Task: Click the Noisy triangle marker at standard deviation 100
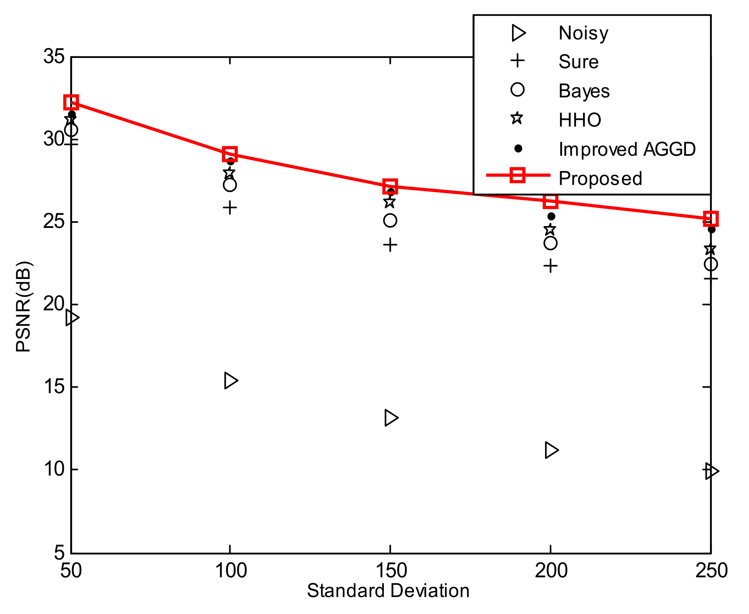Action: click(231, 381)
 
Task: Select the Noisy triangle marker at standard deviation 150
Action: click(391, 418)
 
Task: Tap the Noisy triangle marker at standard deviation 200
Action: click(551, 450)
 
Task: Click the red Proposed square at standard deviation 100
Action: click(230, 154)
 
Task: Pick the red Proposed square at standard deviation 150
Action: click(390, 186)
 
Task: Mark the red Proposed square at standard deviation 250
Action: click(711, 218)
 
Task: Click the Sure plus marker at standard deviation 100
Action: click(230, 207)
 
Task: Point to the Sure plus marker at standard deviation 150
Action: click(390, 245)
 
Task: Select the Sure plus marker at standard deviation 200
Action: click(551, 266)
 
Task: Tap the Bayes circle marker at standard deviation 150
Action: click(390, 220)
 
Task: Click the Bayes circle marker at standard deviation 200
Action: click(551, 243)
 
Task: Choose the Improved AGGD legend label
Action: click(627, 149)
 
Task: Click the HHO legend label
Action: click(580, 120)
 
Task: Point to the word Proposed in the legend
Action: click(600, 178)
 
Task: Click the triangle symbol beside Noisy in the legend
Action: click(518, 33)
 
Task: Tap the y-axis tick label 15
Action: click(54, 387)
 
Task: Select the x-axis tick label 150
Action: click(390, 571)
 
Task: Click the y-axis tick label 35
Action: click(54, 56)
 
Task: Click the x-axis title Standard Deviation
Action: click(388, 591)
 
